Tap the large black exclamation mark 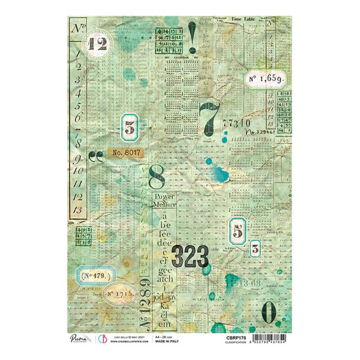(192, 36)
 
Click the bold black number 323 (190, 257)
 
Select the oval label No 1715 (119, 293)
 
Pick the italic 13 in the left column (77, 209)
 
